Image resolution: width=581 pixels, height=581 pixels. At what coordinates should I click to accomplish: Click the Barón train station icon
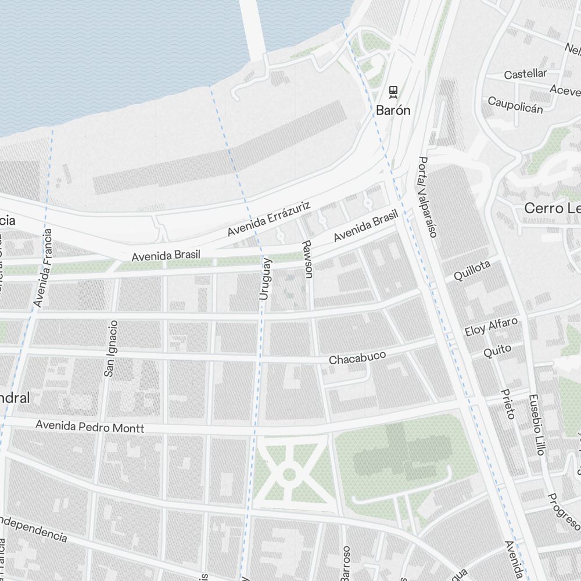(393, 91)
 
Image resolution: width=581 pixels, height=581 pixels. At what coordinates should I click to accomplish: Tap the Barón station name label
(393, 110)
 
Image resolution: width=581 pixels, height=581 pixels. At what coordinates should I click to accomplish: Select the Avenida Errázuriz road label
(270, 219)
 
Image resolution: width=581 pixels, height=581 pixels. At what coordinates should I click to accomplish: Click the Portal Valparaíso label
(427, 197)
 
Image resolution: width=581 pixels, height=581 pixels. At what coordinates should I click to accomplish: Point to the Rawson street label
(307, 259)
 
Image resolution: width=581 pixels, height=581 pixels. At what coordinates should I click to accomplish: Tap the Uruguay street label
(265, 279)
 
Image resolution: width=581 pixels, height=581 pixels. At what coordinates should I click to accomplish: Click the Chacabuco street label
(357, 357)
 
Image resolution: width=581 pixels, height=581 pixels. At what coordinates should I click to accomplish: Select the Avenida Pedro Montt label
(89, 426)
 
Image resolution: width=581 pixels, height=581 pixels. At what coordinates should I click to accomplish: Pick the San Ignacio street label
(110, 349)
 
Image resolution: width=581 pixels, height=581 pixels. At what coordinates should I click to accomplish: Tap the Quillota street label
(472, 271)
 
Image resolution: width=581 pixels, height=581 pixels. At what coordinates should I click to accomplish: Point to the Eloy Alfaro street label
(491, 327)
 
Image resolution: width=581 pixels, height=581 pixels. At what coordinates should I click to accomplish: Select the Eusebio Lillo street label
(535, 425)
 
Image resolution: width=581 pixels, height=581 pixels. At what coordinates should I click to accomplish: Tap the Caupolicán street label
(515, 105)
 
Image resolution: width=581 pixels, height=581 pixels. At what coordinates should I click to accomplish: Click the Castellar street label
(525, 74)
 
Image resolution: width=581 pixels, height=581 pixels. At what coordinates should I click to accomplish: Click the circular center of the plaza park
(289, 475)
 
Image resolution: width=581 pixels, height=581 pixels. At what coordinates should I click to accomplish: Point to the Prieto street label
(508, 404)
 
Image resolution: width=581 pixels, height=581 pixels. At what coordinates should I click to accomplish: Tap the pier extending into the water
(253, 26)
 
